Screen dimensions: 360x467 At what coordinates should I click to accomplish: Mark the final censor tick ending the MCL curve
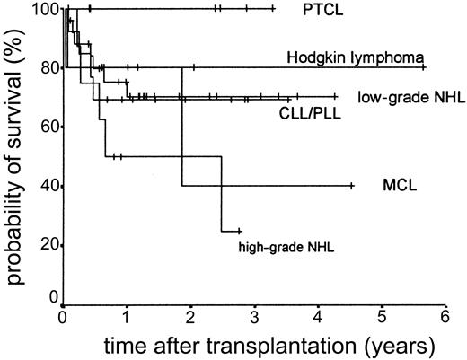point(351,186)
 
